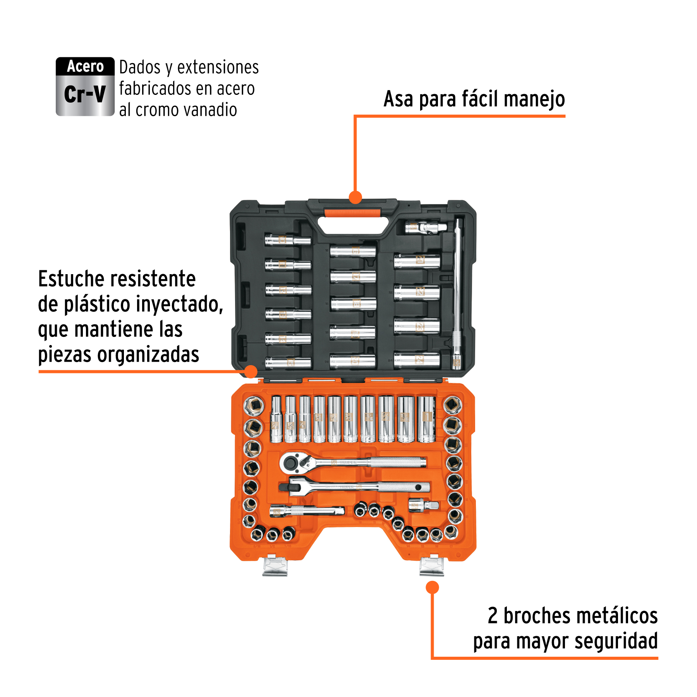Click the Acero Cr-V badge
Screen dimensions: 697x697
[85, 86]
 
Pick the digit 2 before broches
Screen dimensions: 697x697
[492, 615]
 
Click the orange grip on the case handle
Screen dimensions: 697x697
[352, 213]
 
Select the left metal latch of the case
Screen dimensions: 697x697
[275, 566]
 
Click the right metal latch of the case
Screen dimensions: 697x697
[431, 566]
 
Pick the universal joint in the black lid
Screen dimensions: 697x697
[425, 228]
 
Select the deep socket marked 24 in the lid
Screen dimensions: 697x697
[417, 360]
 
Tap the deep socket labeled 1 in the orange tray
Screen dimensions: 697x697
[426, 419]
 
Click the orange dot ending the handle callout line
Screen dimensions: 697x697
[355, 197]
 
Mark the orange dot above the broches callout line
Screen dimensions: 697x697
[432, 587]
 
